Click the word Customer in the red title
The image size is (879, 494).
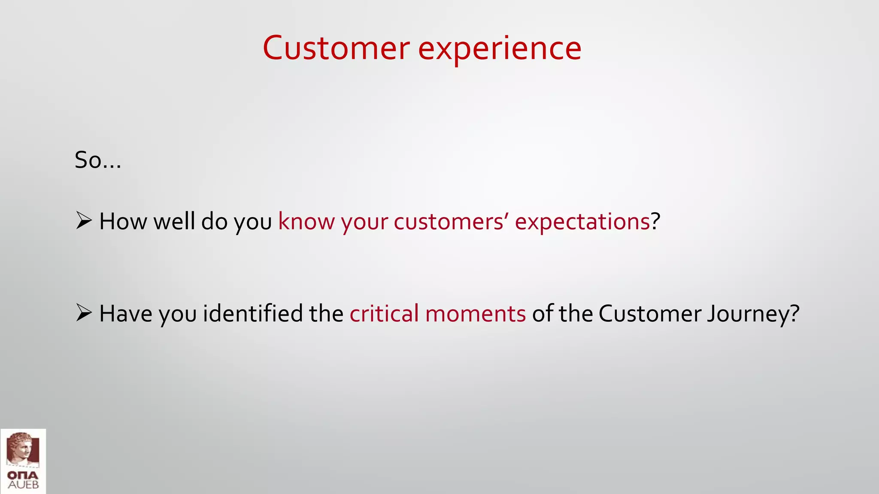point(336,48)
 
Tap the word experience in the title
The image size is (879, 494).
point(500,49)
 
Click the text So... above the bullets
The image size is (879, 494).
point(98,160)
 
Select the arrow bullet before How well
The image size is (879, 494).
point(84,221)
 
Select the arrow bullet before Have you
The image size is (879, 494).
point(84,313)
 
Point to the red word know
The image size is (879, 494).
point(306,222)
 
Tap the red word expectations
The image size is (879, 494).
point(582,222)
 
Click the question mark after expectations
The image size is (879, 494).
point(655,222)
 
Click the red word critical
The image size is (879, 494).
point(384,313)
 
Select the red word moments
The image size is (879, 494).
point(475,313)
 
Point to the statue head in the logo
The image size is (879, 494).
point(21,448)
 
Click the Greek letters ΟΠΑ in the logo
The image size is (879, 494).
point(23,476)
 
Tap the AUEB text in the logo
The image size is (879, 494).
point(23,485)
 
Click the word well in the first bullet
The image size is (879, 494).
point(174,222)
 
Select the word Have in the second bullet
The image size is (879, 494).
point(126,313)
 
